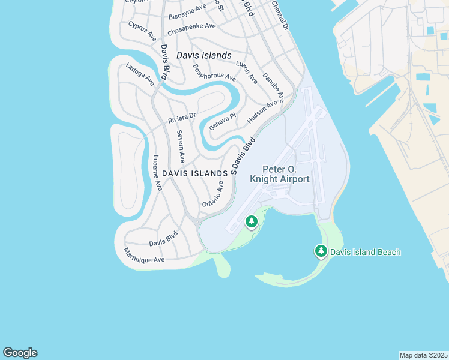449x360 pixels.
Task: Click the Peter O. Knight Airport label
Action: click(x=286, y=175)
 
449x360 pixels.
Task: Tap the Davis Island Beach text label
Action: click(x=365, y=252)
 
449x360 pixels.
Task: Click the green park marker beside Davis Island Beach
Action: click(x=322, y=251)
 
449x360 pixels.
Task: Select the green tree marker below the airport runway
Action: click(x=252, y=223)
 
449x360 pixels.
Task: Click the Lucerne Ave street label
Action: click(x=157, y=173)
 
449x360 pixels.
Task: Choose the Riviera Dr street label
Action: click(x=182, y=118)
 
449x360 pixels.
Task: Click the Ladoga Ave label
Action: click(x=140, y=74)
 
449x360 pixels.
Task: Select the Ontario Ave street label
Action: click(x=212, y=195)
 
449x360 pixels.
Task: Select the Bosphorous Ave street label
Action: click(x=214, y=73)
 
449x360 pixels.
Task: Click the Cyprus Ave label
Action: click(x=142, y=31)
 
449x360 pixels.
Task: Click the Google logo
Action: click(x=20, y=353)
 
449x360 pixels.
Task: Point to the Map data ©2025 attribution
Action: click(x=423, y=355)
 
